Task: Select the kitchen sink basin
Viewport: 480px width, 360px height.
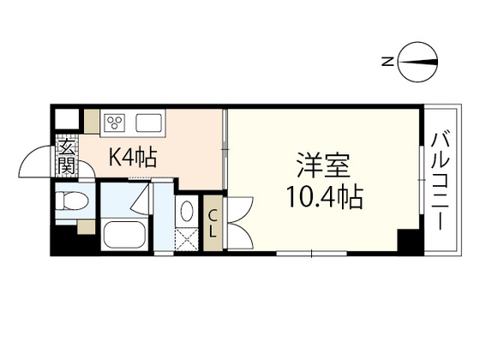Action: point(148,121)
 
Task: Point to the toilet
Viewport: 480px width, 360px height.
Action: point(72,203)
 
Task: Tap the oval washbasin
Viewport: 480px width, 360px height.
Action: point(188,211)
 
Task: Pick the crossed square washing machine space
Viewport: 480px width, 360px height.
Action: point(187,240)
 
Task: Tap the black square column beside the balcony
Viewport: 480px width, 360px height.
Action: point(412,241)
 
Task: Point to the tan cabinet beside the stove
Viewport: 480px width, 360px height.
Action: point(92,121)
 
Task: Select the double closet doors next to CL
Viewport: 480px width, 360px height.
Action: point(235,222)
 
